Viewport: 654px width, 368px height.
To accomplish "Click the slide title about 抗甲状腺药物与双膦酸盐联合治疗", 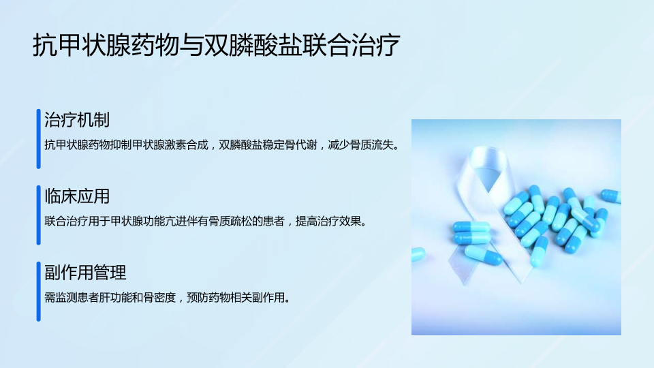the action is [x=217, y=45].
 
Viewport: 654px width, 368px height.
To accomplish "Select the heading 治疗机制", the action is [x=77, y=120].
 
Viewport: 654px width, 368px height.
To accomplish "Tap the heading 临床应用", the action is [x=77, y=196].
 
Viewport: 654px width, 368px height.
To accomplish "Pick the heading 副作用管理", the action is [x=86, y=273].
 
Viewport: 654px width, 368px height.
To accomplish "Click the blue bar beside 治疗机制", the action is [x=38, y=139].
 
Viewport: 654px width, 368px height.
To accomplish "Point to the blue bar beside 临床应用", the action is [x=38, y=215].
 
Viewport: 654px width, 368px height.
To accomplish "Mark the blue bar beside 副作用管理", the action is [x=38, y=292].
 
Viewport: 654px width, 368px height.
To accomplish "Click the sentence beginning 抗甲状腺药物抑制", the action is [x=222, y=145].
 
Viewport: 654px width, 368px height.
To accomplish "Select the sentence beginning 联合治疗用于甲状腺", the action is [x=206, y=221].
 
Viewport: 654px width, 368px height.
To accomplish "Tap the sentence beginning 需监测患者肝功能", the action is [x=168, y=298].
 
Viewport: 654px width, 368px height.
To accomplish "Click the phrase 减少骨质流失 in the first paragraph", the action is [x=361, y=145].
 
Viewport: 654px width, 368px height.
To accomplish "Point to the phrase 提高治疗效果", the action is [x=328, y=221].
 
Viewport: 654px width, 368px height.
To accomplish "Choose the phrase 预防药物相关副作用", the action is [x=236, y=298].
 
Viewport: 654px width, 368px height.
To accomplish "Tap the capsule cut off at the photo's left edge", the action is [x=418, y=254].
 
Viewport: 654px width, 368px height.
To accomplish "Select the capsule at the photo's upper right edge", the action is [x=611, y=196].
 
